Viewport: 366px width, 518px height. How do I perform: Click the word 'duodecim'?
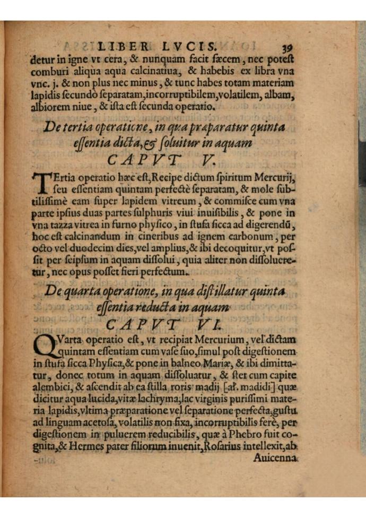80,248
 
